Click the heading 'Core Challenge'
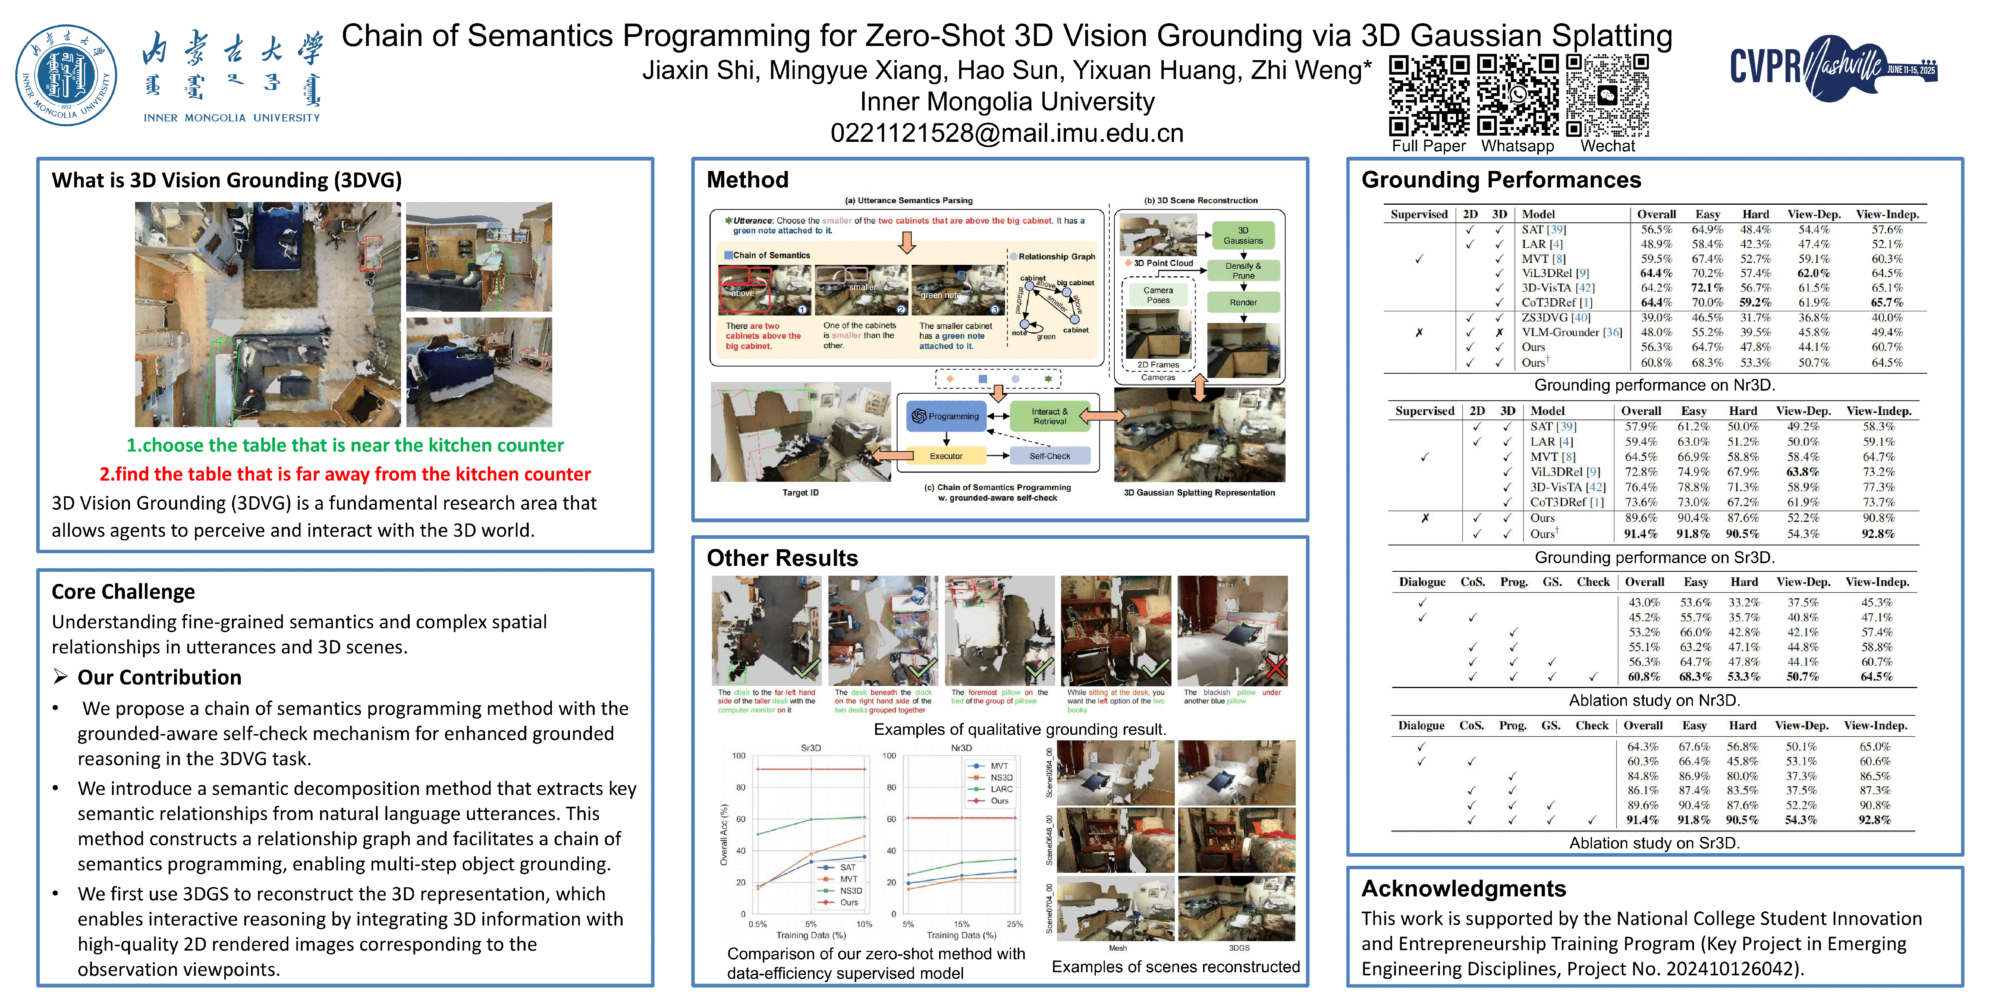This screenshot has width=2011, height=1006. [123, 592]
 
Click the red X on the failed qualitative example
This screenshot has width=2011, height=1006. [1276, 668]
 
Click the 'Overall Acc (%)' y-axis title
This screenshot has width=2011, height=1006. [723, 835]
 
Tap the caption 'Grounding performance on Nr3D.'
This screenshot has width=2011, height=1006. [1654, 385]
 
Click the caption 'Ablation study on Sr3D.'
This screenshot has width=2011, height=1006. [1654, 843]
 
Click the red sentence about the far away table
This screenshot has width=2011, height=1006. [345, 474]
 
